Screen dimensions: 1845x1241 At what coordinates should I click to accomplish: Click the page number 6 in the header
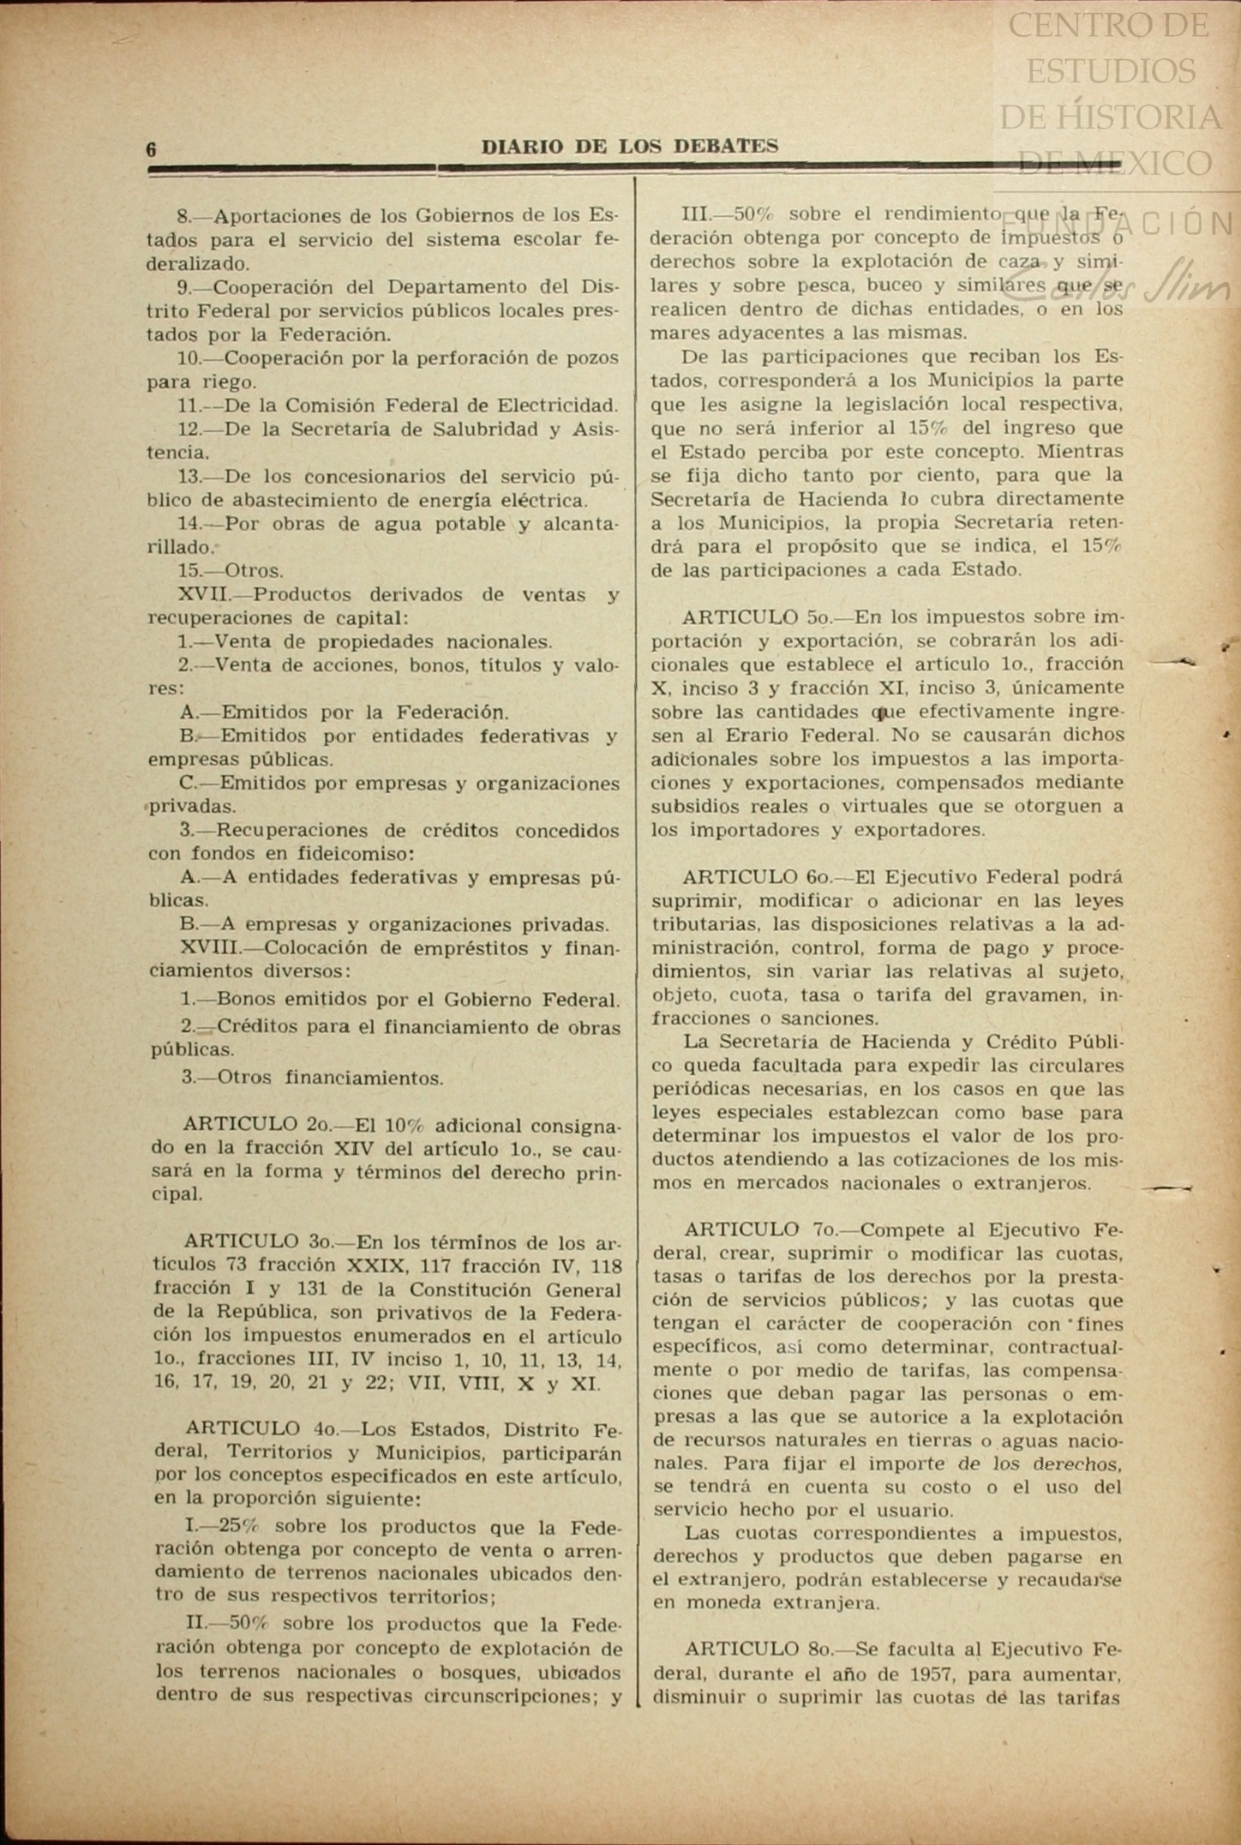152,149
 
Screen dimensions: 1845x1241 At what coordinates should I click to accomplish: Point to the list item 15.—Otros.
231,571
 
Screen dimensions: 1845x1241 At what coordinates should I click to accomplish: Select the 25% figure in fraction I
237,1527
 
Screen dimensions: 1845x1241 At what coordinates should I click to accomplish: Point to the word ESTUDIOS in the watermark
1110,71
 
